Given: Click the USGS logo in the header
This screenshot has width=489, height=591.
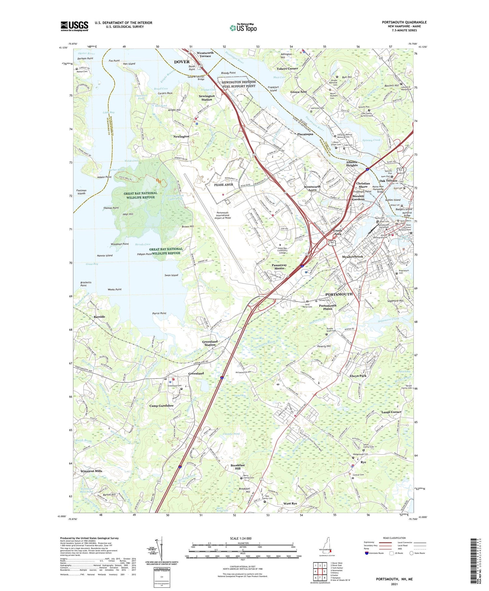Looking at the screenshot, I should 74,26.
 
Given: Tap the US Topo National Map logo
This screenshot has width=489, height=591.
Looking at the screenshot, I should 243,28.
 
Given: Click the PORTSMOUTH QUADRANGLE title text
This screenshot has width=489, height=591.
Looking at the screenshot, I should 404,22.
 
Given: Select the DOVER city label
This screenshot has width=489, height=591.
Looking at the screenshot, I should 182,62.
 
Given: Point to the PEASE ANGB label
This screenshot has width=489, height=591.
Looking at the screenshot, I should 224,185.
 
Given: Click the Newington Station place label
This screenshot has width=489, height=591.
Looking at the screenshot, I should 207,98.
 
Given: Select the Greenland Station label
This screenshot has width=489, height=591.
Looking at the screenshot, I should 210,343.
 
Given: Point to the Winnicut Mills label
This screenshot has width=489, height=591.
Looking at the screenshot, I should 91,471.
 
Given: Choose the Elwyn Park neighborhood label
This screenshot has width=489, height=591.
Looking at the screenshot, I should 358,376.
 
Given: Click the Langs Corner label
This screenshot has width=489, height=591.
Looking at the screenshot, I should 391,412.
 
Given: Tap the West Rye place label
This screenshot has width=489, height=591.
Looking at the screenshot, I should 290,503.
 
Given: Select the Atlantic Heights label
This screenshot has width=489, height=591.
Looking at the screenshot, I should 352,163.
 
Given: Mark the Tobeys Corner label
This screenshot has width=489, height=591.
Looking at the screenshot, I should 287,68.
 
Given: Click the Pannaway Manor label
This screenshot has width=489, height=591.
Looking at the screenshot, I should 279,267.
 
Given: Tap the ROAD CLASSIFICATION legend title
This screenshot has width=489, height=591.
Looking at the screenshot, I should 394,538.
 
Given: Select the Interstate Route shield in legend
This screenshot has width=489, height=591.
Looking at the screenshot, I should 367,553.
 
